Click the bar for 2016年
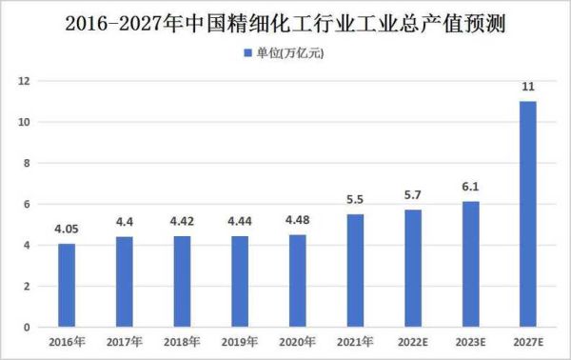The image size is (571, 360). pos(67,286)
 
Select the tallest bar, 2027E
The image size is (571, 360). pos(528,214)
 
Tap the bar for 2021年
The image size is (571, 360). pos(355,270)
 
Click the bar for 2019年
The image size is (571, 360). pos(240,281)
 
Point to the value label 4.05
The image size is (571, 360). pos(67,230)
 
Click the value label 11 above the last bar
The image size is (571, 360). pos(528,88)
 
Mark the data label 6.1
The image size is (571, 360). pos(470,188)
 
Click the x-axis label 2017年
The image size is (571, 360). pos(125,341)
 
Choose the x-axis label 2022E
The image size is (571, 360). pos(413,341)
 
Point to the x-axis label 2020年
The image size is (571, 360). pos(298,341)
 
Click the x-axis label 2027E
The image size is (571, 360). pos(528,341)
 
